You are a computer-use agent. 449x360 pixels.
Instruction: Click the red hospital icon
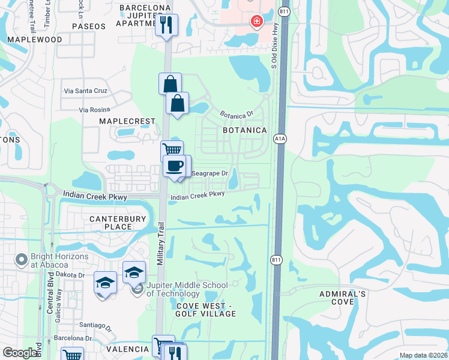256,22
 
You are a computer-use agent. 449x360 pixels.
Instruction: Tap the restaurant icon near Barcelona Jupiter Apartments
166,25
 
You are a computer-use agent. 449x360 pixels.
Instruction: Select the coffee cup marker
175,166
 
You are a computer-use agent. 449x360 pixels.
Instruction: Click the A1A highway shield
280,138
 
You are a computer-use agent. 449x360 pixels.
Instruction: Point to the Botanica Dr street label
237,113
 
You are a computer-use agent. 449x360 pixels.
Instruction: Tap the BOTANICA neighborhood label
244,130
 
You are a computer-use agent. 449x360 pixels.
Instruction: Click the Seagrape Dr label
209,173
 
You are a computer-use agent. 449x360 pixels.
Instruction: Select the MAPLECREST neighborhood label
127,121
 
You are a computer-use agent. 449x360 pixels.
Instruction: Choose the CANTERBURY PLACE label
118,223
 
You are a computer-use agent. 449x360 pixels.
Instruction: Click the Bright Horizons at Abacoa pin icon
22,260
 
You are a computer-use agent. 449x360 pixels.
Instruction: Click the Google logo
20,353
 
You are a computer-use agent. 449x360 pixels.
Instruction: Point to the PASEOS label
88,26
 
